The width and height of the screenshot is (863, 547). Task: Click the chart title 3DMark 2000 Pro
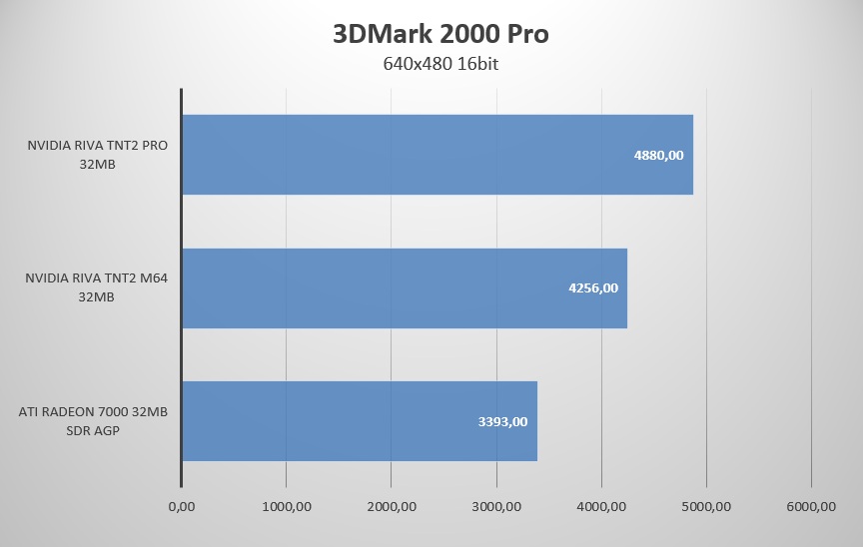440,34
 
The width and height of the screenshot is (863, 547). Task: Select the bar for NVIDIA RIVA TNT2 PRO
437,155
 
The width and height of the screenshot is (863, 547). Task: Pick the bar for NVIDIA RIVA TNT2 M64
405,287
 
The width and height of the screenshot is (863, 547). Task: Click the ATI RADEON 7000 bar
360,420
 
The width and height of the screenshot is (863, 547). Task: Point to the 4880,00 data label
658,156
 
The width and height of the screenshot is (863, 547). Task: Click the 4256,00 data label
592,288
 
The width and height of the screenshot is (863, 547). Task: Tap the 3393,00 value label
502,421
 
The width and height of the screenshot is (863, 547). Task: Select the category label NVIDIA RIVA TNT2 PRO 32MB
97,155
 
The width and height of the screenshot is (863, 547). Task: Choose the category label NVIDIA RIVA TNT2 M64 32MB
96,287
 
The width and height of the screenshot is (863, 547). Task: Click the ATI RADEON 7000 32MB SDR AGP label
92,420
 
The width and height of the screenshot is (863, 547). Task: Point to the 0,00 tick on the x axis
182,506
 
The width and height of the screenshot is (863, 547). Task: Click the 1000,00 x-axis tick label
287,506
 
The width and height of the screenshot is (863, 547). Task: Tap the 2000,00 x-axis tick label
392,506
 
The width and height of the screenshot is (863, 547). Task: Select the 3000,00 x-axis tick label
496,506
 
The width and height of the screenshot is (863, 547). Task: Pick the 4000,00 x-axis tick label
601,506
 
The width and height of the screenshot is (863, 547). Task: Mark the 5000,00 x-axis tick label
706,506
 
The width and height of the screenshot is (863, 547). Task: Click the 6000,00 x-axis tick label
811,506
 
